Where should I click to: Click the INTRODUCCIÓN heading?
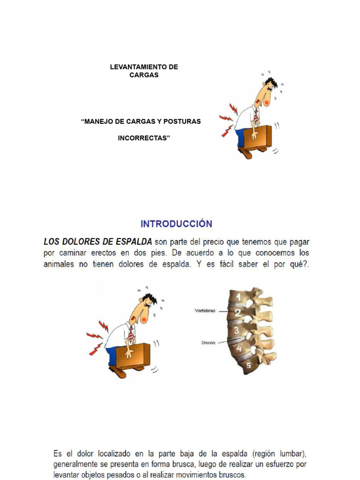click(x=176, y=224)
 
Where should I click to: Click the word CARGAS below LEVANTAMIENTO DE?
click(x=144, y=75)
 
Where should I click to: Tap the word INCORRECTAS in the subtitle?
click(x=144, y=138)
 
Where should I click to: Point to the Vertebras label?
click(x=205, y=311)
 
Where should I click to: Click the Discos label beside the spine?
click(x=209, y=343)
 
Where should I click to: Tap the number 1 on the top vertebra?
click(x=239, y=297)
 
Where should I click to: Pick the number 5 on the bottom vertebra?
click(x=248, y=365)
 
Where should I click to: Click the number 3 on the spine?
click(x=237, y=330)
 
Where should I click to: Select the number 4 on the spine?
click(x=239, y=348)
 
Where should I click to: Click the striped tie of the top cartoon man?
click(x=256, y=117)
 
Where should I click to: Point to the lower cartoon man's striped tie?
click(x=131, y=335)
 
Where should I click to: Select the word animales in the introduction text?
click(x=59, y=264)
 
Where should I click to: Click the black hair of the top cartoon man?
click(x=271, y=82)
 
